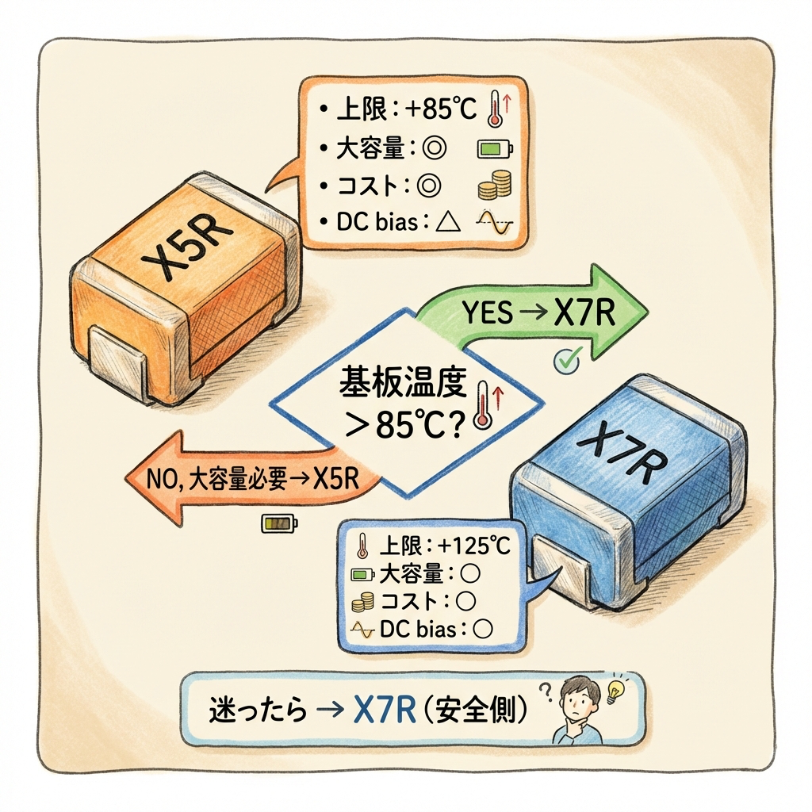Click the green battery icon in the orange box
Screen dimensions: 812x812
click(x=495, y=148)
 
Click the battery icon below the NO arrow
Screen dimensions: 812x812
click(x=280, y=523)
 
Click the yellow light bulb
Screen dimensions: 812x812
click(x=614, y=691)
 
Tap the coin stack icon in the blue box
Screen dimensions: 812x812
click(x=362, y=602)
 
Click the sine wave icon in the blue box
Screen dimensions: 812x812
click(x=362, y=630)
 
